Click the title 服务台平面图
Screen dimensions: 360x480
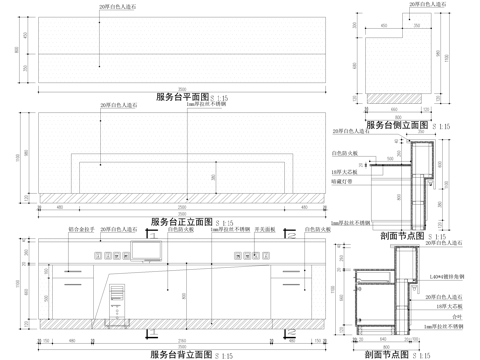coord(180,97)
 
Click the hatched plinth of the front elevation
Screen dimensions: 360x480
coord(180,193)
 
